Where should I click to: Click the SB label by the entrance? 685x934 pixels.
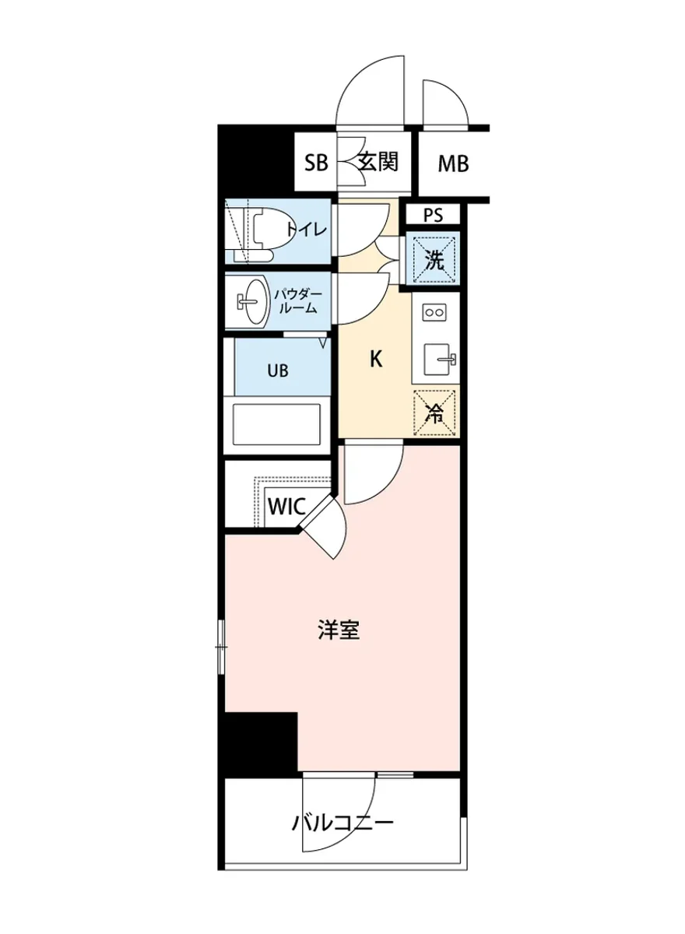pos(317,163)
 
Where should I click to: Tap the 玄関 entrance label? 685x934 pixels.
pos(378,162)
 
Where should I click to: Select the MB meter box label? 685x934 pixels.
pos(452,164)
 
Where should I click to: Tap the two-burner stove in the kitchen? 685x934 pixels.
pos(433,312)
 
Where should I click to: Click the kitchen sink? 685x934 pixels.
pos(440,360)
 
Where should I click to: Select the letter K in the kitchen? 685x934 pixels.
pos(375,360)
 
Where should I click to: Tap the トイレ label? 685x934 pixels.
pos(306,230)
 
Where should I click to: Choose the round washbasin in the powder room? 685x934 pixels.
pos(251,300)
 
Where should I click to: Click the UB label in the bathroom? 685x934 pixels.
pos(278,370)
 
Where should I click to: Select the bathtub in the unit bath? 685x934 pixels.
pos(277,425)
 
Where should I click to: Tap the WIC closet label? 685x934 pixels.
pos(286,506)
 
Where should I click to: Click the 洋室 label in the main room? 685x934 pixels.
pos(339,630)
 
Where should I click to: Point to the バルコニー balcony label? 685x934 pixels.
pos(342,822)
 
